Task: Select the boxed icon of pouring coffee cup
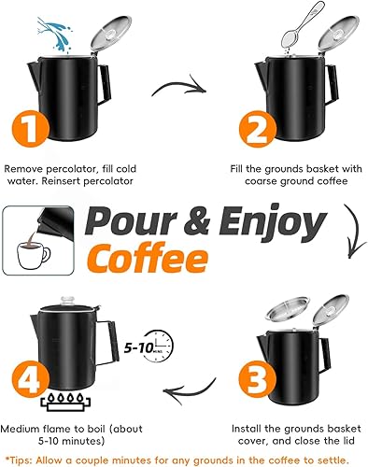pos(40,237)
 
